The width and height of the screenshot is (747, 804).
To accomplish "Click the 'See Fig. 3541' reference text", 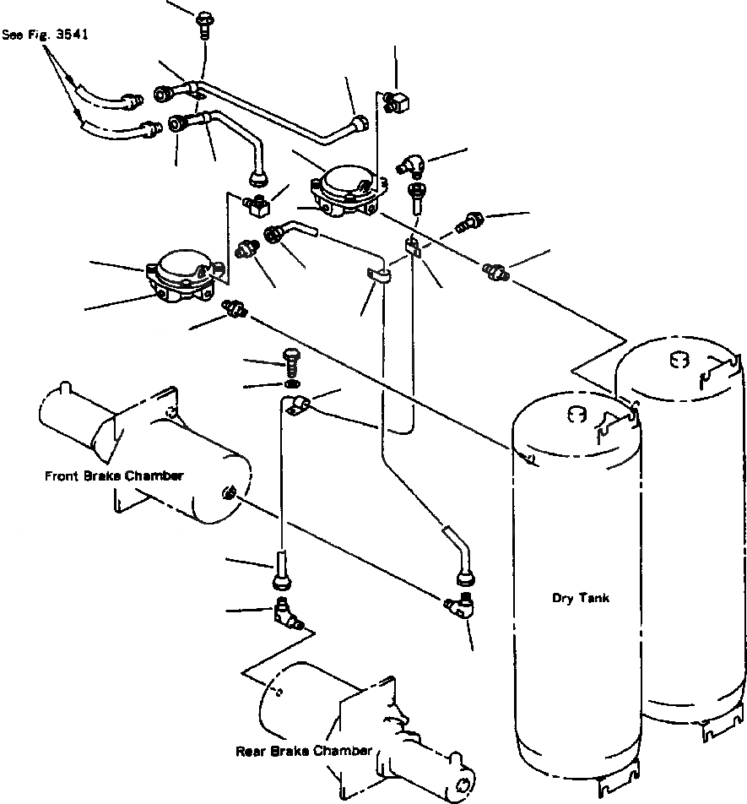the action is [x=45, y=35].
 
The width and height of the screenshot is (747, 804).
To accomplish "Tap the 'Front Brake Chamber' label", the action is [x=114, y=475].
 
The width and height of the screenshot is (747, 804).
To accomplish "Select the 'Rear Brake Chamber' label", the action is [x=303, y=751].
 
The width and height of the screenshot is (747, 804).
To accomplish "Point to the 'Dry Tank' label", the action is [x=581, y=598].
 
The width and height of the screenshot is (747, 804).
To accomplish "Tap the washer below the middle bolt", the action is [x=292, y=384].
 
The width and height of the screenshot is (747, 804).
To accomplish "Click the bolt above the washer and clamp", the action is [x=291, y=362].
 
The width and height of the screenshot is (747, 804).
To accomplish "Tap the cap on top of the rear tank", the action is [x=679, y=360].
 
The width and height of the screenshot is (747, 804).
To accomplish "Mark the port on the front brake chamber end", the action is [x=228, y=494].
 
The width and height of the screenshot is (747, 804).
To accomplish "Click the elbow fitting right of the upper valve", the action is [x=411, y=165].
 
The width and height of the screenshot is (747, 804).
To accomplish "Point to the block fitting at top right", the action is [x=397, y=102].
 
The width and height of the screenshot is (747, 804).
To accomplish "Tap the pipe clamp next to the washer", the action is [x=296, y=405].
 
